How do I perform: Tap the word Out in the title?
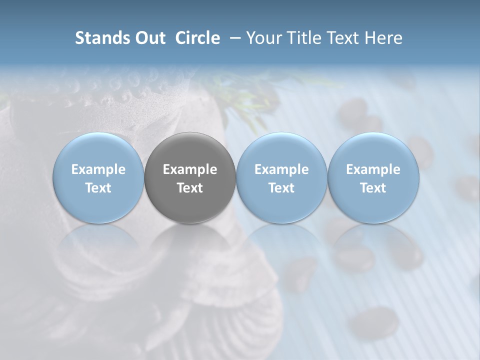(149, 38)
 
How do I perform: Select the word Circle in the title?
(197, 38)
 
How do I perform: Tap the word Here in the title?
(382, 38)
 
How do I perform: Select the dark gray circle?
(190, 150)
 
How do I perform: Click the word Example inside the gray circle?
(190, 169)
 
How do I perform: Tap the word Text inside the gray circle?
(190, 188)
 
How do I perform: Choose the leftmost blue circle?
(98, 150)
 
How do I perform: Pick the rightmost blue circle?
(373, 150)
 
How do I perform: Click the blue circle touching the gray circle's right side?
(281, 150)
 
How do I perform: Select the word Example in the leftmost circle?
(98, 169)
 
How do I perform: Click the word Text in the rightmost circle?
(373, 188)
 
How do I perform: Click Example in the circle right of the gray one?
(281, 169)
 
